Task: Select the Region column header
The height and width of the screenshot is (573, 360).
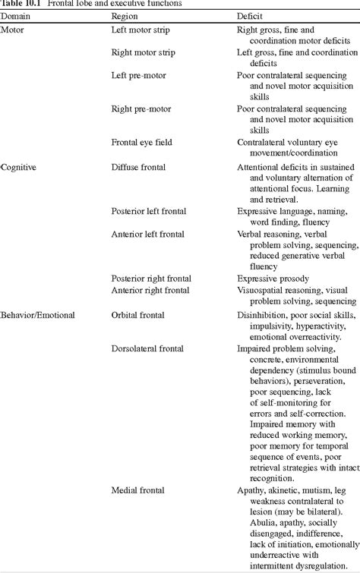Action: (x=125, y=15)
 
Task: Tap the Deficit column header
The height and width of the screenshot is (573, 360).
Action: (x=250, y=15)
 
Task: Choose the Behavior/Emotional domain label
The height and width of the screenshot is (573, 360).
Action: (x=37, y=314)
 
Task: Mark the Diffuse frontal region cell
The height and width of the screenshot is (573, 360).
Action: (x=138, y=165)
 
